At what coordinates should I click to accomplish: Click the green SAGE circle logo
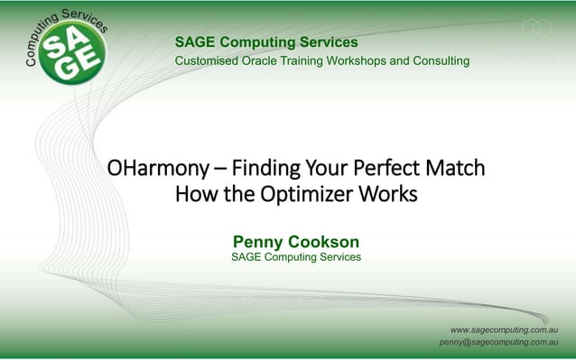coord(73,51)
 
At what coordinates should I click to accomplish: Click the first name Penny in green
coord(259,242)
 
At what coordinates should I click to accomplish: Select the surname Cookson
coord(325,242)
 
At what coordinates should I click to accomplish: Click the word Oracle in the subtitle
coord(265,60)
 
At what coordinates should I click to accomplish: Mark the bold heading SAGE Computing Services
coord(266,42)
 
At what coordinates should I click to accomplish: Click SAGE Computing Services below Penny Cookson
coord(296,257)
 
